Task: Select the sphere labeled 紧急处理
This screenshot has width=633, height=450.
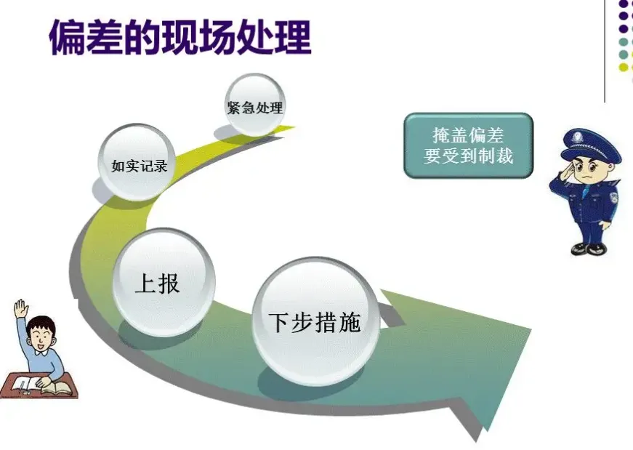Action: point(254,107)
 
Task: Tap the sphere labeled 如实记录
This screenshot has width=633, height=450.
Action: point(139,164)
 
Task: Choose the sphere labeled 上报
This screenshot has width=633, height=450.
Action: point(164,282)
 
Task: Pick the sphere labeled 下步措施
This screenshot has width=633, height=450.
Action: point(315,321)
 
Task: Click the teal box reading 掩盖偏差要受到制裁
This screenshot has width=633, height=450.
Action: point(468,145)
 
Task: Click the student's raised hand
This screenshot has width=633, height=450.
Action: point(20,308)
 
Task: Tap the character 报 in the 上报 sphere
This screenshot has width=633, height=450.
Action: point(169,283)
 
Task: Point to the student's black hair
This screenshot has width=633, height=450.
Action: point(42,323)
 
